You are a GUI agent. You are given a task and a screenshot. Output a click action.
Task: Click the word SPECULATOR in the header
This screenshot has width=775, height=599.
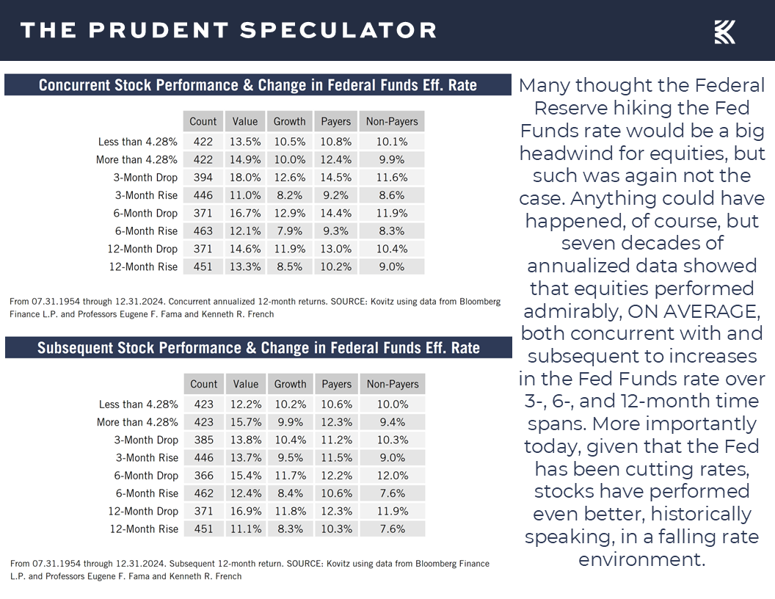[338, 30]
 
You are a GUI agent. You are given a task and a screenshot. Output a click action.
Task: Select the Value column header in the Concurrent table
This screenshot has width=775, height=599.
[245, 122]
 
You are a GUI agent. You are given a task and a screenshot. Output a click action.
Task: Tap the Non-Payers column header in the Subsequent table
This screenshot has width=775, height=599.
[392, 384]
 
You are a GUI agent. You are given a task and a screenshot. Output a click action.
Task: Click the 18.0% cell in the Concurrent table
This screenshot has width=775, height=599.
[245, 178]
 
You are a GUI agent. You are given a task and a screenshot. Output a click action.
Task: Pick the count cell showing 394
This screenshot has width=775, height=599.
[203, 178]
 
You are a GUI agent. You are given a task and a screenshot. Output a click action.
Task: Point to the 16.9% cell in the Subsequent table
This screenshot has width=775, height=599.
[246, 511]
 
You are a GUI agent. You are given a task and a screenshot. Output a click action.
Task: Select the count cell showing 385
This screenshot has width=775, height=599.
[204, 440]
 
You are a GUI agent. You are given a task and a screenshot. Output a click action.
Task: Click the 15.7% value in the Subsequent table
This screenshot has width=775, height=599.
[246, 422]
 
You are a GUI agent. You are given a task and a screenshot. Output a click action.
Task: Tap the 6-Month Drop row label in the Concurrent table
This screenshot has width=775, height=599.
[146, 214]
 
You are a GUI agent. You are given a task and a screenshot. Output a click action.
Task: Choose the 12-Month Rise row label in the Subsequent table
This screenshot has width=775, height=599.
[144, 529]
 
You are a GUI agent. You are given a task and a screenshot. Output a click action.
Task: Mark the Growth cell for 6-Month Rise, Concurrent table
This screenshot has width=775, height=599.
[289, 231]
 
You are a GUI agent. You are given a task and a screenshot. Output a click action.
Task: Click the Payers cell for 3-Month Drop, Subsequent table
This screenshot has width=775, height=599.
[336, 440]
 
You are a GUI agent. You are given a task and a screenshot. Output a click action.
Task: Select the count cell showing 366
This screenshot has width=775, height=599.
[204, 476]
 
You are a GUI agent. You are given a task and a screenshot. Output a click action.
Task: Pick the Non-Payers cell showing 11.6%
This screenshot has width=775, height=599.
[392, 178]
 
